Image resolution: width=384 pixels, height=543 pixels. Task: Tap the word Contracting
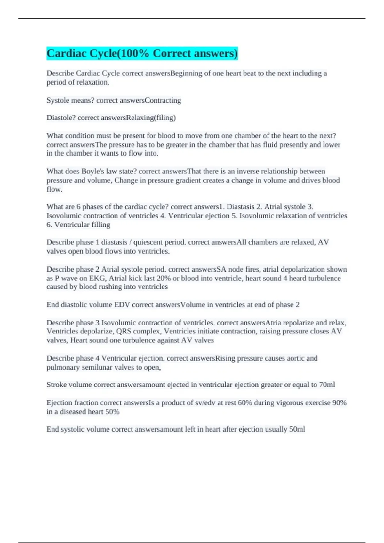(163, 100)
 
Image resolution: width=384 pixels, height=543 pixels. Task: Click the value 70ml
(327, 385)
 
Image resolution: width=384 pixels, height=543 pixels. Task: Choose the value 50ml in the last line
(297, 429)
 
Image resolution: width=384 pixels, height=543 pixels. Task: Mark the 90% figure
(339, 403)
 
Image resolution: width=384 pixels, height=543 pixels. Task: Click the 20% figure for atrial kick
(164, 278)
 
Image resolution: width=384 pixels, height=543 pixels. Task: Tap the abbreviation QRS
(123, 331)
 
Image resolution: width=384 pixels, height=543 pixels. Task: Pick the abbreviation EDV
(122, 305)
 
